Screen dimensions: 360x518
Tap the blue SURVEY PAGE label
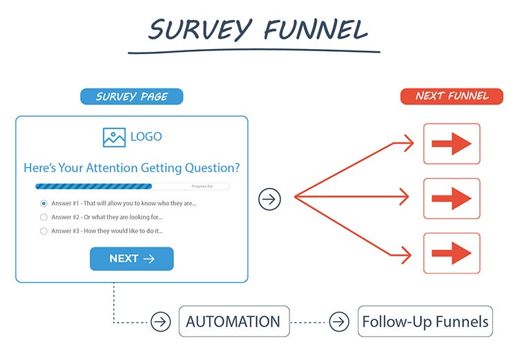point(132,96)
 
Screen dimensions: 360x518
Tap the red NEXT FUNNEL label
point(452,96)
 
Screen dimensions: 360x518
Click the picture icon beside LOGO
point(114,137)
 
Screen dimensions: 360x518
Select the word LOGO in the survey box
point(146,137)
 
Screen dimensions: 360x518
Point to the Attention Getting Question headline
point(132,167)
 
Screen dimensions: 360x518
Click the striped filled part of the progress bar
point(93,187)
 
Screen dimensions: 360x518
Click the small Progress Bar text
point(202,187)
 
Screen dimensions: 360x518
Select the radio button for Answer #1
point(44,203)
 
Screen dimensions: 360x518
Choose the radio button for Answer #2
point(44,217)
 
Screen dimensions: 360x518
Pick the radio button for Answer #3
point(44,231)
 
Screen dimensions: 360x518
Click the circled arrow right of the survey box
point(270,200)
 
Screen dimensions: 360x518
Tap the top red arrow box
point(451,144)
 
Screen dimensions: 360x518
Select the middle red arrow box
point(451,198)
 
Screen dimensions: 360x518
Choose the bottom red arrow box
point(451,254)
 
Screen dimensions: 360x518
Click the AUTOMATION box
point(233,321)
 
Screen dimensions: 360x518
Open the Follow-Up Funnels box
point(425,321)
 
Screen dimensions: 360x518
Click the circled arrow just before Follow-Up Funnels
point(339,322)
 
